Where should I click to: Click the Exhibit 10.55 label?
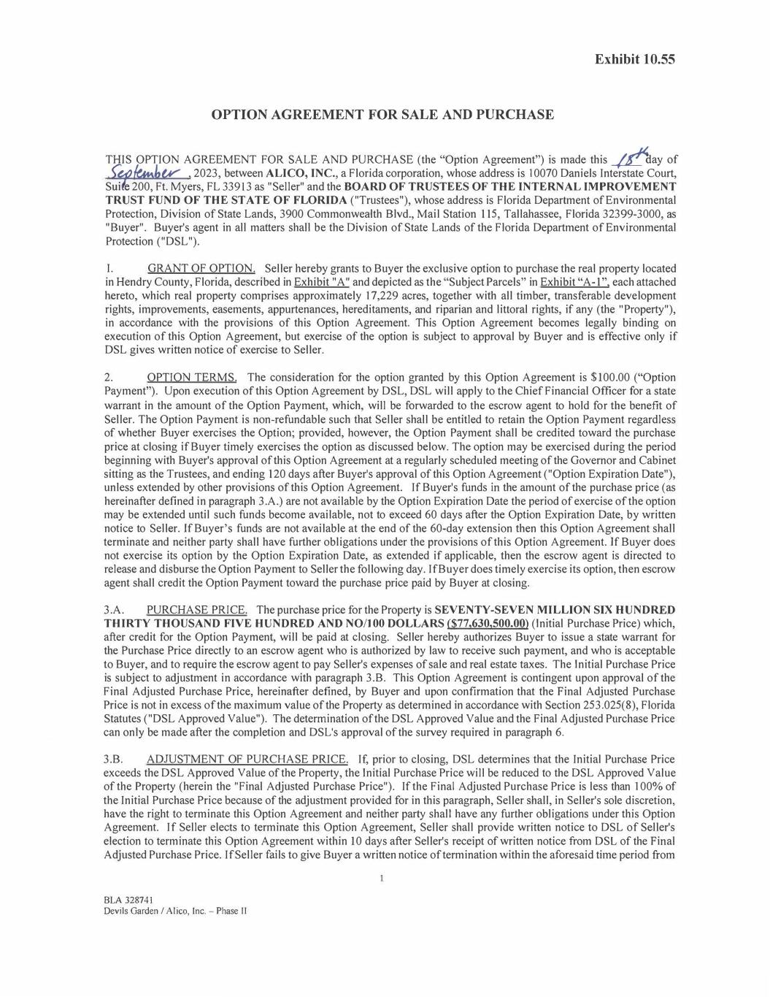(x=634, y=59)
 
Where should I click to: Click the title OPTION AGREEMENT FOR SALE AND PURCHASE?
(x=382, y=115)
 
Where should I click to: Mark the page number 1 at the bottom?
(x=382, y=879)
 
